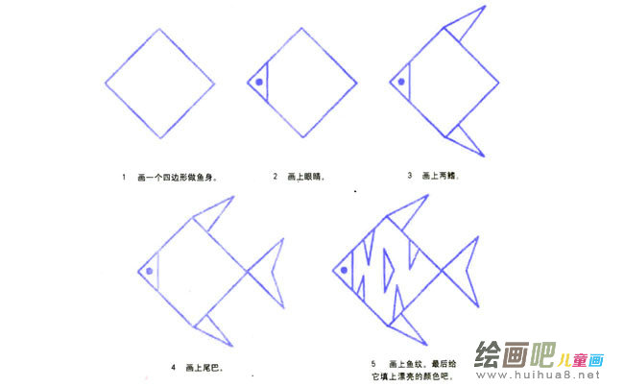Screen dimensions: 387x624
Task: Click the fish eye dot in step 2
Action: pyautogui.click(x=259, y=83)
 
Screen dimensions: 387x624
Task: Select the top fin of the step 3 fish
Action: pyautogui.click(x=464, y=28)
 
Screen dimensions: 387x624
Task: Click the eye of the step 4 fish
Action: pyautogui.click(x=151, y=270)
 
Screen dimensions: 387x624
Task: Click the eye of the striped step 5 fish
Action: pyautogui.click(x=346, y=270)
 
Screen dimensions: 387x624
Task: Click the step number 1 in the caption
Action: pyautogui.click(x=124, y=177)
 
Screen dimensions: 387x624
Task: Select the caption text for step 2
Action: pyautogui.click(x=305, y=177)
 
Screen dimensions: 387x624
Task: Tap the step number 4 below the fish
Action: pyautogui.click(x=173, y=367)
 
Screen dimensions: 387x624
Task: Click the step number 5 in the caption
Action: pyautogui.click(x=372, y=364)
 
